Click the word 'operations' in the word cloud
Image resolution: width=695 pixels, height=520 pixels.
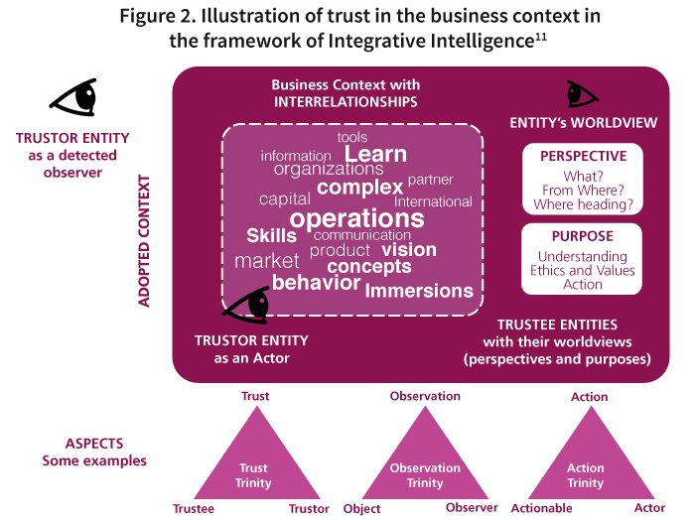357,218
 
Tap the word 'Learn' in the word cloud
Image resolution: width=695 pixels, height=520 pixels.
375,154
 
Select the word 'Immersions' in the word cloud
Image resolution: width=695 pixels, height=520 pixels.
419,291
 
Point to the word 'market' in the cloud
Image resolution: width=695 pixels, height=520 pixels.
266,261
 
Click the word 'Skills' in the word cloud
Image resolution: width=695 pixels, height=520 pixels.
271,235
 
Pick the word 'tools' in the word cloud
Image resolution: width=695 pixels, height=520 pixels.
352,137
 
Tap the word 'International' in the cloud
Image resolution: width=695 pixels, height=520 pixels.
433,201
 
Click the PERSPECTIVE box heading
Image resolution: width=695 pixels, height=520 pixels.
583,156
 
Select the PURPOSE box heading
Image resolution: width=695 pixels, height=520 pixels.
583,236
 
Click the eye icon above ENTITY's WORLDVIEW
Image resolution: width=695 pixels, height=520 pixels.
581,94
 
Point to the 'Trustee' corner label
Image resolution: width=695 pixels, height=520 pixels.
193,508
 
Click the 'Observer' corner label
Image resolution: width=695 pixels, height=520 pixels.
472,508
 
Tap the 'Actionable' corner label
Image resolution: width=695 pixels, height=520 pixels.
540,508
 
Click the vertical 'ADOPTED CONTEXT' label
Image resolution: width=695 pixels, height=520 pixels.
144,241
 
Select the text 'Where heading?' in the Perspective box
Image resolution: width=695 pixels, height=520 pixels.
583,204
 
